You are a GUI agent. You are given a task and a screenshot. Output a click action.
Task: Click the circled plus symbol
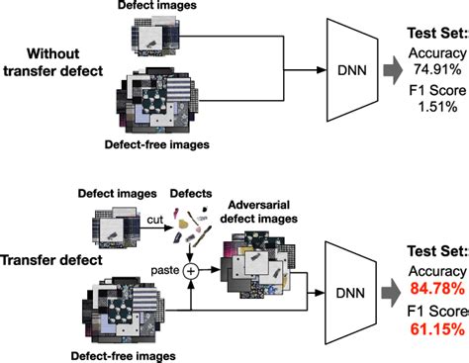[178, 266]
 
